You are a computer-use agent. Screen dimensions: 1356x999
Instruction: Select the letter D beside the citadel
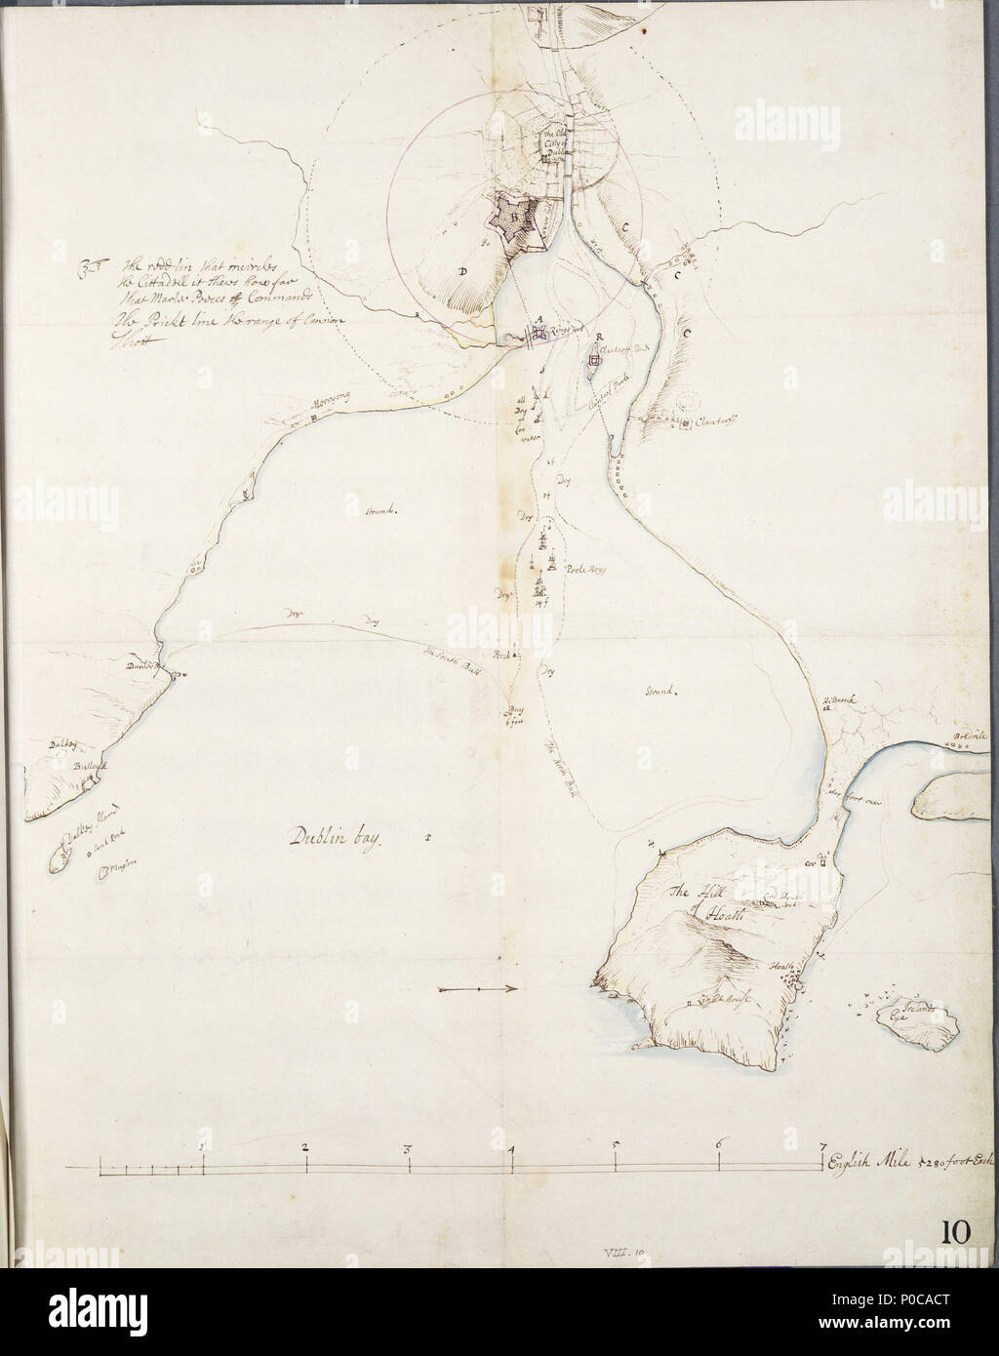click(x=460, y=272)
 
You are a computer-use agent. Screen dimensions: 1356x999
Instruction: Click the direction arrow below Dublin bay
click(x=478, y=990)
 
